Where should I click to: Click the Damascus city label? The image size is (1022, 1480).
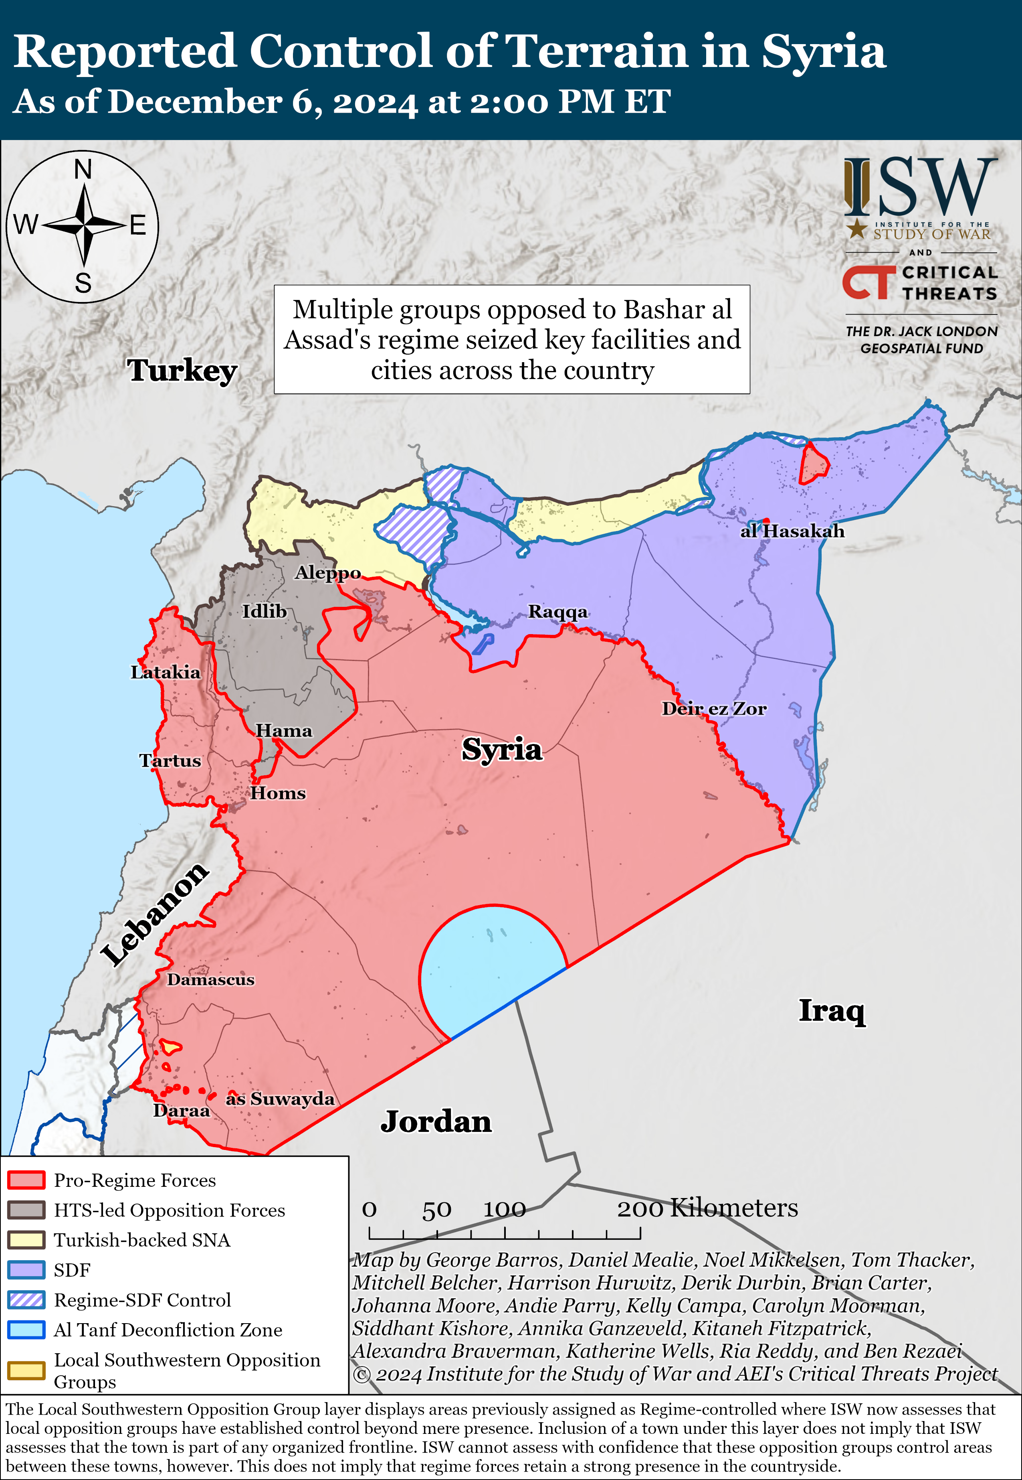pos(211,979)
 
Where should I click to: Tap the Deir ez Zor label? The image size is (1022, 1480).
pos(713,709)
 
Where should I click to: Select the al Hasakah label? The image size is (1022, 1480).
pos(792,531)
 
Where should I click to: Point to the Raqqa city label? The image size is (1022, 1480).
pos(557,612)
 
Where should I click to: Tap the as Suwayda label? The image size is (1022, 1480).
pos(280,1099)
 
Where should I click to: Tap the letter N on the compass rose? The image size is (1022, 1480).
pos(83,170)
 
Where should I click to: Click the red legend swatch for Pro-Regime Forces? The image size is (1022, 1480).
pos(26,1180)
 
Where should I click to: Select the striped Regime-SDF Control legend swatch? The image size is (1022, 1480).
pos(26,1300)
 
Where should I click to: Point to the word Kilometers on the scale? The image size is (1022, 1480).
pos(734,1208)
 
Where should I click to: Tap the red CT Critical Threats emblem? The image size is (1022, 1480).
pos(868,282)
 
